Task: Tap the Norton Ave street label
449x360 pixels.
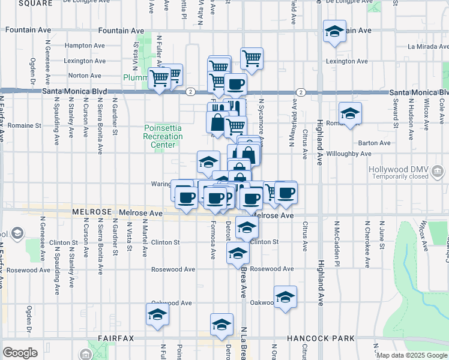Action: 85,76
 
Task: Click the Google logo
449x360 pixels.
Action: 20,353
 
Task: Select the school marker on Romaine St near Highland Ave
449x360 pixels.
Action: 350,113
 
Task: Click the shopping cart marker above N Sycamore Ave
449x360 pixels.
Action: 252,59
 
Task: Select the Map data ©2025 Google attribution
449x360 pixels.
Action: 411,355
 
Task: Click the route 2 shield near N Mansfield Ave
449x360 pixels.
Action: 300,92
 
